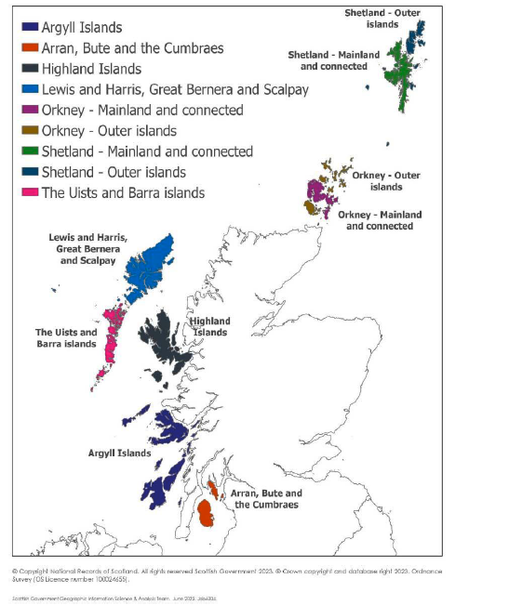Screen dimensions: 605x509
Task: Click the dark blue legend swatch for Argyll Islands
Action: pyautogui.click(x=29, y=28)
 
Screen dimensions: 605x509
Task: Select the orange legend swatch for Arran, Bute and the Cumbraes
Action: pyautogui.click(x=29, y=48)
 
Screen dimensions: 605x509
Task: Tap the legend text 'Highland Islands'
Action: pyautogui.click(x=92, y=69)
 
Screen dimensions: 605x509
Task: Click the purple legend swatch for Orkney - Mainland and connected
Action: pyautogui.click(x=29, y=110)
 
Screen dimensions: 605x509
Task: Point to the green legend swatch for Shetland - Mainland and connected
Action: pyautogui.click(x=29, y=151)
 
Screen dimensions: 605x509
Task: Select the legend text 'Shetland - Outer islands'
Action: pyautogui.click(x=114, y=172)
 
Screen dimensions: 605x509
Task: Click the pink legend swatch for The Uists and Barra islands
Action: pyautogui.click(x=29, y=192)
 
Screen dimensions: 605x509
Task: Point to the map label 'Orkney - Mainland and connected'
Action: pyautogui.click(x=380, y=220)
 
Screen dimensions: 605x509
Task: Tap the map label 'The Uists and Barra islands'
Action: pyautogui.click(x=65, y=338)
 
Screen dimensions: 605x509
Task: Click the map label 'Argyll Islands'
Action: pyautogui.click(x=119, y=453)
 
